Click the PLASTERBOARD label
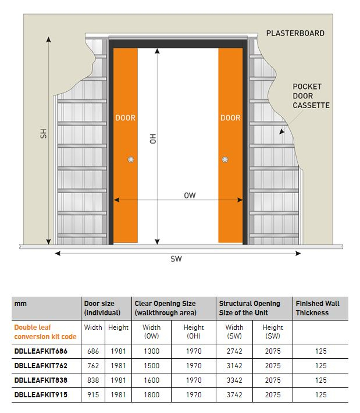(295, 33)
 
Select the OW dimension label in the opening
(190, 195)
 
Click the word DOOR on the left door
(125, 118)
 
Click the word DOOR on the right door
(230, 118)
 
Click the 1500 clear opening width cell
(151, 366)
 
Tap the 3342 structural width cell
(235, 380)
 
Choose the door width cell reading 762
(93, 366)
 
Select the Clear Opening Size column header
(165, 308)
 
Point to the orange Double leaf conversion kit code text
(45, 332)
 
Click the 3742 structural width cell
(235, 394)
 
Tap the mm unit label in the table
(21, 304)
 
